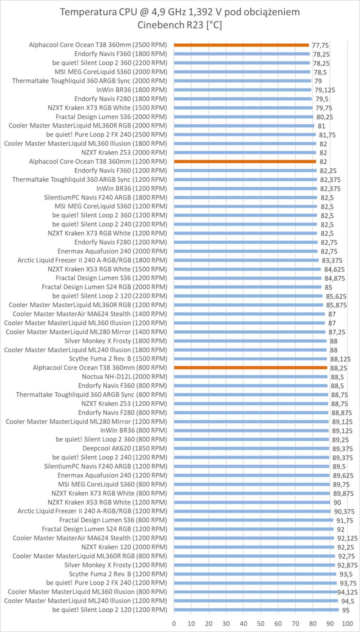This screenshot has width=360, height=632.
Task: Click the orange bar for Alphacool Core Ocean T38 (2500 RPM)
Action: click(241, 45)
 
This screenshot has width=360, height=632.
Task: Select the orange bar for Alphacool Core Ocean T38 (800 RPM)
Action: click(250, 368)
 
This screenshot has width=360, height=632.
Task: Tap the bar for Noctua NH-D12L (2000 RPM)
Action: click(251, 377)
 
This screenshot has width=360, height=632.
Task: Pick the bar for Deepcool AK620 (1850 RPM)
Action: click(251, 448)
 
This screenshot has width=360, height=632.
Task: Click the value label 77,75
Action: click(320, 45)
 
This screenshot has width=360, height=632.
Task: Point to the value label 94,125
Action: click(347, 592)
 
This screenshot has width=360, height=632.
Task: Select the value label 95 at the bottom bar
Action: click(346, 610)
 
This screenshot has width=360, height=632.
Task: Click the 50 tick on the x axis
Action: click(261, 624)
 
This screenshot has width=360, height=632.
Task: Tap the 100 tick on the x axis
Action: click(347, 624)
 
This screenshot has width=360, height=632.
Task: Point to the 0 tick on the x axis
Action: click(174, 624)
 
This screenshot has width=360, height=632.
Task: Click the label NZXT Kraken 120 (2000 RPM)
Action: click(124, 547)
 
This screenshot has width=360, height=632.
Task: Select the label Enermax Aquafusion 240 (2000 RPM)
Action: click(112, 251)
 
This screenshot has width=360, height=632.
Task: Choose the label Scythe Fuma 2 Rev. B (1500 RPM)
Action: click(118, 359)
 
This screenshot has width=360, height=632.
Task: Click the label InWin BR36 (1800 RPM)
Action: click(132, 90)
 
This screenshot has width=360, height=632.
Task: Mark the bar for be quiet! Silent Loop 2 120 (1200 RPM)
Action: click(256, 610)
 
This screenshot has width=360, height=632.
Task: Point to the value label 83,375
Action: click(332, 260)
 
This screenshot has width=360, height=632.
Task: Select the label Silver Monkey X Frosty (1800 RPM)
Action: click(115, 341)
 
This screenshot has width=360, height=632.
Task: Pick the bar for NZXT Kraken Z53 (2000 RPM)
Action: click(245, 152)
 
